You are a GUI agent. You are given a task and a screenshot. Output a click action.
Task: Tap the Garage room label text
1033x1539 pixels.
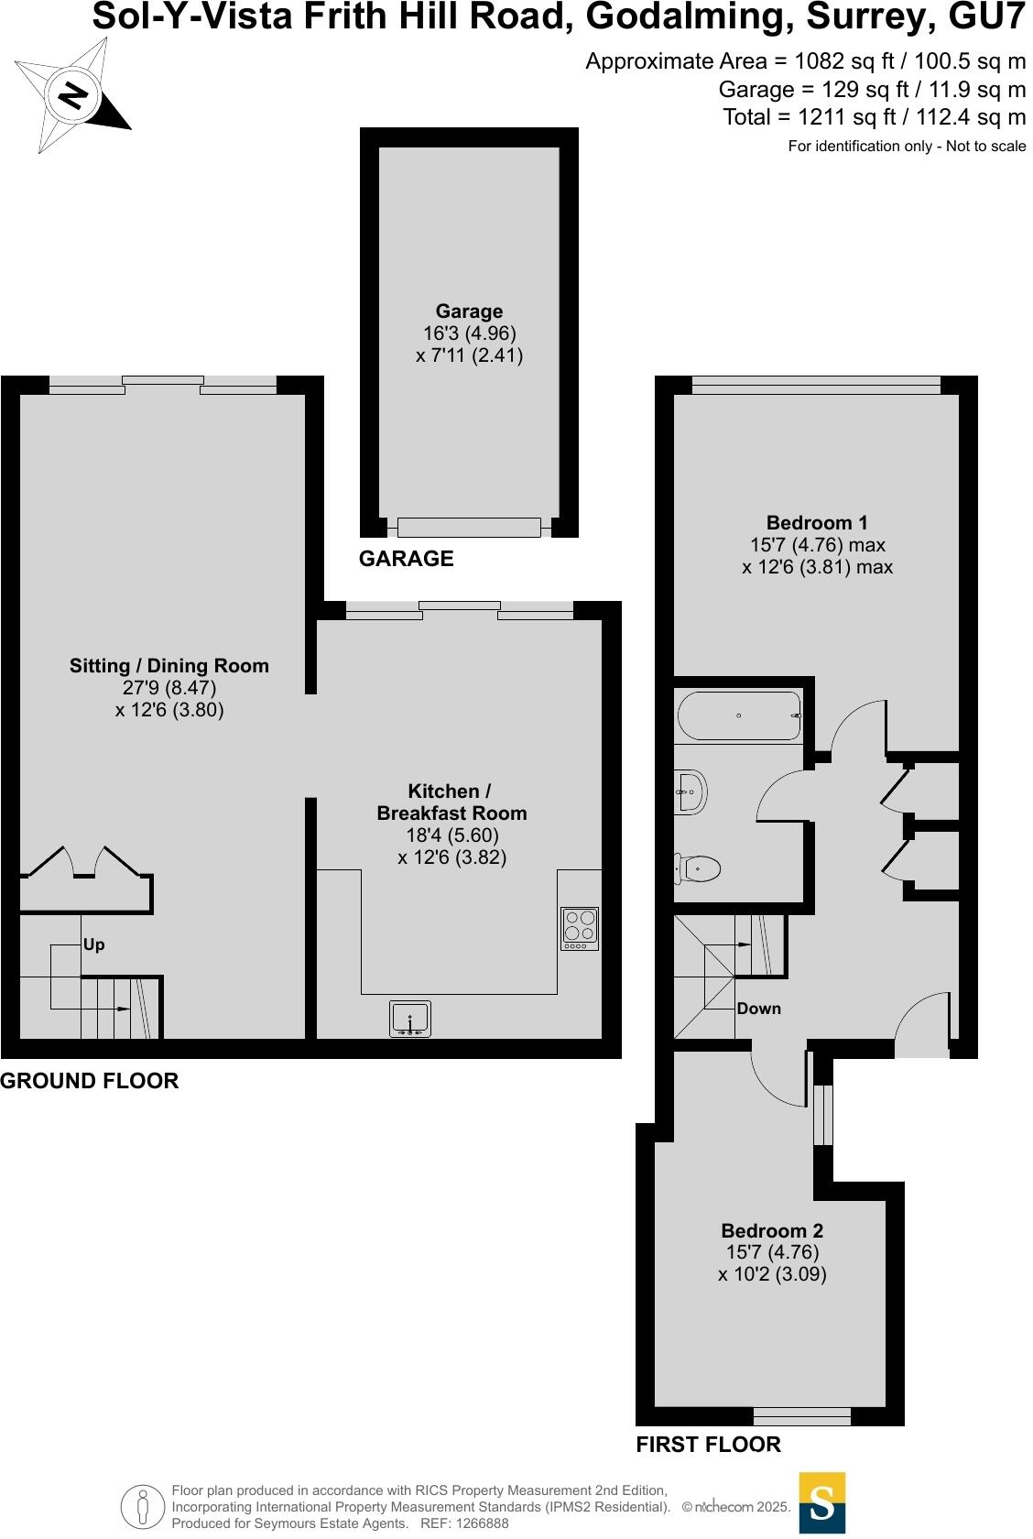[x=469, y=311]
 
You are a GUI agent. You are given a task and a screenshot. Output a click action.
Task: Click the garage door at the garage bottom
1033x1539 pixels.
[x=469, y=527]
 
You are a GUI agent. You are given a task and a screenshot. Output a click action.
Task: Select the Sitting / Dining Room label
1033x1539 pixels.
[x=169, y=666]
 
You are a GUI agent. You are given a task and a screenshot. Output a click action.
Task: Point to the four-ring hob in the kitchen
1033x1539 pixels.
[x=580, y=927]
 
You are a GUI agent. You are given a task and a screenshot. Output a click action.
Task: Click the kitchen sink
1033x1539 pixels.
[x=410, y=1019]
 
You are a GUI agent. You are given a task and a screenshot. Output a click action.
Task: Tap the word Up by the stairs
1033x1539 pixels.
[x=93, y=944]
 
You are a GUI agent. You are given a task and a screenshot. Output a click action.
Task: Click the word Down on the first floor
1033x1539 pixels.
[x=758, y=1009]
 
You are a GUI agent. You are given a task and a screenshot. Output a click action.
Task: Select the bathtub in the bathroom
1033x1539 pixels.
[x=738, y=715]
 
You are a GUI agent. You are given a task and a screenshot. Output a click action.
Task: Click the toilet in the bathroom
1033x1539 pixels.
[x=699, y=867]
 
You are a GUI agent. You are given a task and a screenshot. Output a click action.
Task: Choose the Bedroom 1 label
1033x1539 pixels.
[x=817, y=523]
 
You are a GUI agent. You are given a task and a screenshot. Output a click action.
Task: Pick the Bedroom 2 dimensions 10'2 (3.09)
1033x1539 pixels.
[x=772, y=1274]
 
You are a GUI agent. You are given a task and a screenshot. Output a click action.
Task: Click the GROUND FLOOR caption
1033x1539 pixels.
[x=89, y=1081]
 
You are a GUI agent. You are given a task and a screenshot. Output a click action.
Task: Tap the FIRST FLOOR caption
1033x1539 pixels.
[x=708, y=1445]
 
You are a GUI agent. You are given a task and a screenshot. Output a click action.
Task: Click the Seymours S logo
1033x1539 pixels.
[x=821, y=1502]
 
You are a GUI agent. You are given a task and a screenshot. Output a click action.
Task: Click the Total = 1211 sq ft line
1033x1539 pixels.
[x=874, y=117]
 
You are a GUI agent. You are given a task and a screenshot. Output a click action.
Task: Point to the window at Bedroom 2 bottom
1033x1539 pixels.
[x=801, y=1417]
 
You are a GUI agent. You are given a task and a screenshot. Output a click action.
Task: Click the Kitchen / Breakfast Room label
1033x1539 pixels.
[x=451, y=802]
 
